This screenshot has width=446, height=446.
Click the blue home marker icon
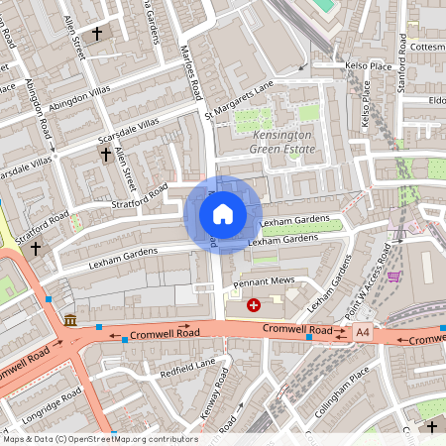pyautogui.click(x=223, y=213)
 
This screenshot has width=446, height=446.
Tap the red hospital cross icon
pyautogui.click(x=254, y=306)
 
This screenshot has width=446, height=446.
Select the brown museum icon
pyautogui.click(x=70, y=320)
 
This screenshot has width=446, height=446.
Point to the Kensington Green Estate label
pyautogui.click(x=282, y=141)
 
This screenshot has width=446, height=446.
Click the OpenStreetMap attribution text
pyautogui.click(x=99, y=439)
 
